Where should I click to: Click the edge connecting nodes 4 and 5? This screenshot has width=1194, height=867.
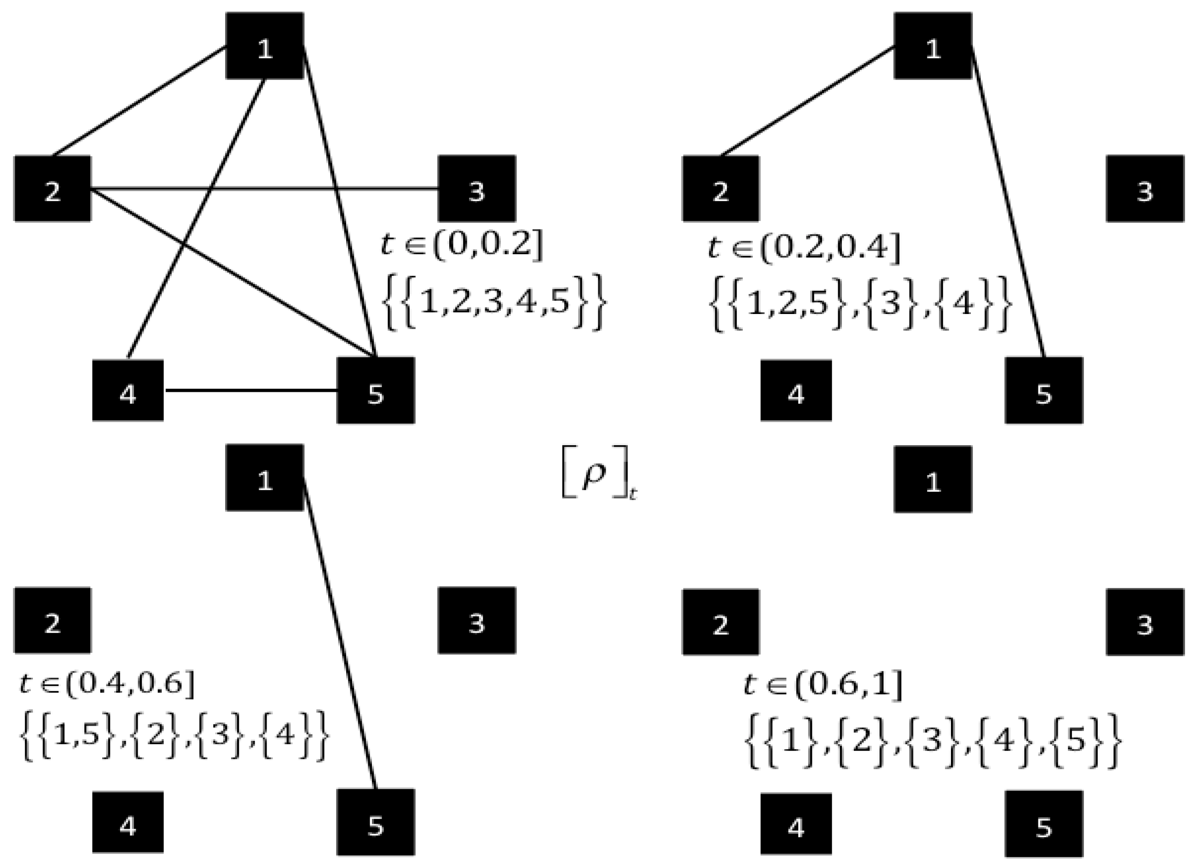(250, 390)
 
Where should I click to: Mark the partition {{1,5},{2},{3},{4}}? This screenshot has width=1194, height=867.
(174, 736)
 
